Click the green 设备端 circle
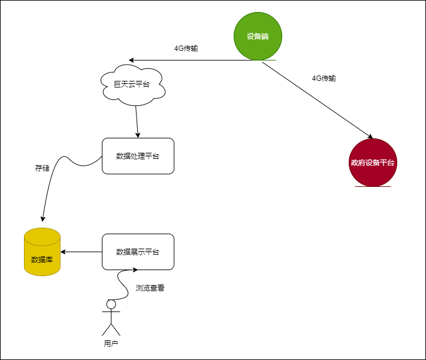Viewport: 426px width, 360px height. [258, 36]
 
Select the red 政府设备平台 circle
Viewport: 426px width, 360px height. [373, 162]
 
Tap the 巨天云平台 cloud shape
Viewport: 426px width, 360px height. [131, 84]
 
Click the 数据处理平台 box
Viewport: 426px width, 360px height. [138, 156]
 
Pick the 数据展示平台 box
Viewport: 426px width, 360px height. [138, 252]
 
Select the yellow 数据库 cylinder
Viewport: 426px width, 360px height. [43, 252]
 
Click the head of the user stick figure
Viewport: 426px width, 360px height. [111, 305]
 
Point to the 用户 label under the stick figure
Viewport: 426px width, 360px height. [111, 343]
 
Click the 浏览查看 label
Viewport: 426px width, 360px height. [150, 288]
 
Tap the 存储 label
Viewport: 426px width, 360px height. [42, 168]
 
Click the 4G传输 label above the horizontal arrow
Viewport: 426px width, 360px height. [186, 49]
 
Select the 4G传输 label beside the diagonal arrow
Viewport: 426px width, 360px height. [324, 78]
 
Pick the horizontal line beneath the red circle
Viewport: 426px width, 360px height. [373, 186]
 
